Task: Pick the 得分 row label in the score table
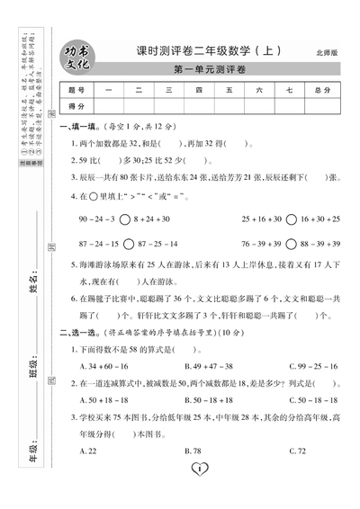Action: pyautogui.click(x=76, y=106)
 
